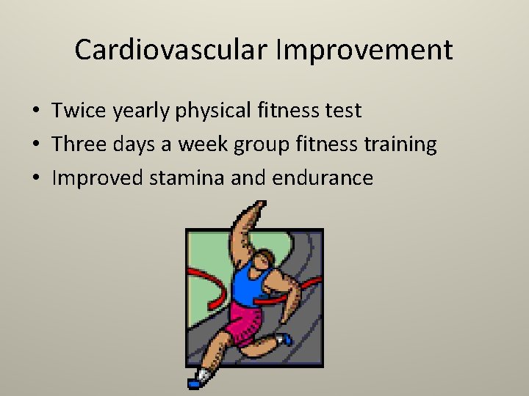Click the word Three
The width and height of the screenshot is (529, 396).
pos(81,144)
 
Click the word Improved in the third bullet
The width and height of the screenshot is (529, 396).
pos(99,178)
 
